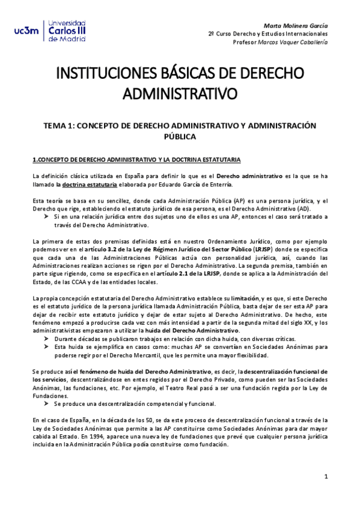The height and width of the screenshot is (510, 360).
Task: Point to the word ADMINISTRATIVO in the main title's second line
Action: coord(180,94)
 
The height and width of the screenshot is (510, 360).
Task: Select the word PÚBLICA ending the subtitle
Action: coord(180,137)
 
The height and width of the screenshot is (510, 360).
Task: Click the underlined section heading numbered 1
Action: coord(136,159)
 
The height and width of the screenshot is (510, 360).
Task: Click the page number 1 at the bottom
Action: coord(325,477)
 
